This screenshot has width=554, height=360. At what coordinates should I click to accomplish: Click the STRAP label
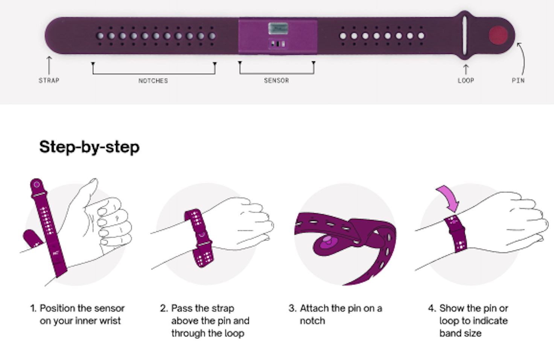49,81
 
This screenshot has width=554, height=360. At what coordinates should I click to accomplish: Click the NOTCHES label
153,81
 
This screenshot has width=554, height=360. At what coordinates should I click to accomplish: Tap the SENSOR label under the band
277,81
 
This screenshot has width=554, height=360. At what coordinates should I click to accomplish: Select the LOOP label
466,81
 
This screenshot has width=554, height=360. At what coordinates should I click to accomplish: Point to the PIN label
518,81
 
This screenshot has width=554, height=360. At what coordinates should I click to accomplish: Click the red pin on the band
498,35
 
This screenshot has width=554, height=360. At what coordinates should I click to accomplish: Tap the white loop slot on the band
464,35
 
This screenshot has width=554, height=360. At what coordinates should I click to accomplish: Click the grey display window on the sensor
278,29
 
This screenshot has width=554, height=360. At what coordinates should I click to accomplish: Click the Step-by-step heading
89,147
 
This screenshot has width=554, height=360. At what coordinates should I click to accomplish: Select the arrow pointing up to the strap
49,65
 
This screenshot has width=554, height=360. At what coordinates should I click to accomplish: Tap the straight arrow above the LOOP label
466,70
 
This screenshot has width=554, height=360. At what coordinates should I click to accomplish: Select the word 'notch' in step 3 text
312,321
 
